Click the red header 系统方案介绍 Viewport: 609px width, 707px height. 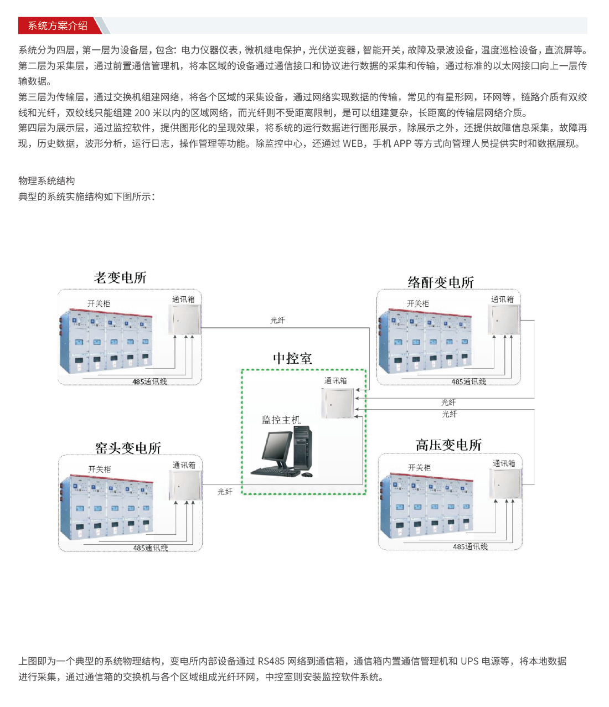coord(58,25)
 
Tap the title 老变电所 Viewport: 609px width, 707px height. coord(120,277)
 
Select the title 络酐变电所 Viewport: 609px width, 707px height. coord(441,282)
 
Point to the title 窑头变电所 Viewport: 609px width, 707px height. coord(128,448)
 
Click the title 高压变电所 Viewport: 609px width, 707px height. coord(448,445)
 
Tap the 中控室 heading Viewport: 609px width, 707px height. coord(292,358)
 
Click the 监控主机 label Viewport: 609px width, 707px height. coord(281,420)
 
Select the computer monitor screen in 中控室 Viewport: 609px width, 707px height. coord(276,446)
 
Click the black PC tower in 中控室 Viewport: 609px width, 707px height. coord(303,448)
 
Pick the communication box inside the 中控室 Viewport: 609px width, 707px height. coord(337,403)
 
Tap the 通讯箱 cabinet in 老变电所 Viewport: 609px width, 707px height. coord(185,319)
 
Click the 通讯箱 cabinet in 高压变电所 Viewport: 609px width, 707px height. coord(505,484)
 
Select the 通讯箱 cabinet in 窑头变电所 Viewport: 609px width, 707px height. coord(185,486)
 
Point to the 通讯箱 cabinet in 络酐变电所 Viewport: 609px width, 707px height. coord(504,319)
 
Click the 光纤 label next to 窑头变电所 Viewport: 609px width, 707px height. coord(225,492)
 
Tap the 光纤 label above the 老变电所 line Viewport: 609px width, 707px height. coord(277,320)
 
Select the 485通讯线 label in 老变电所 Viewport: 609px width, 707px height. coord(149,381)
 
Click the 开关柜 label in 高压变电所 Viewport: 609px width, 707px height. coord(419,468)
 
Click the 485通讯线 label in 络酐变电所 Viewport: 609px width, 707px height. coord(468,381)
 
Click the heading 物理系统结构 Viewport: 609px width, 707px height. coord(47,180)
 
